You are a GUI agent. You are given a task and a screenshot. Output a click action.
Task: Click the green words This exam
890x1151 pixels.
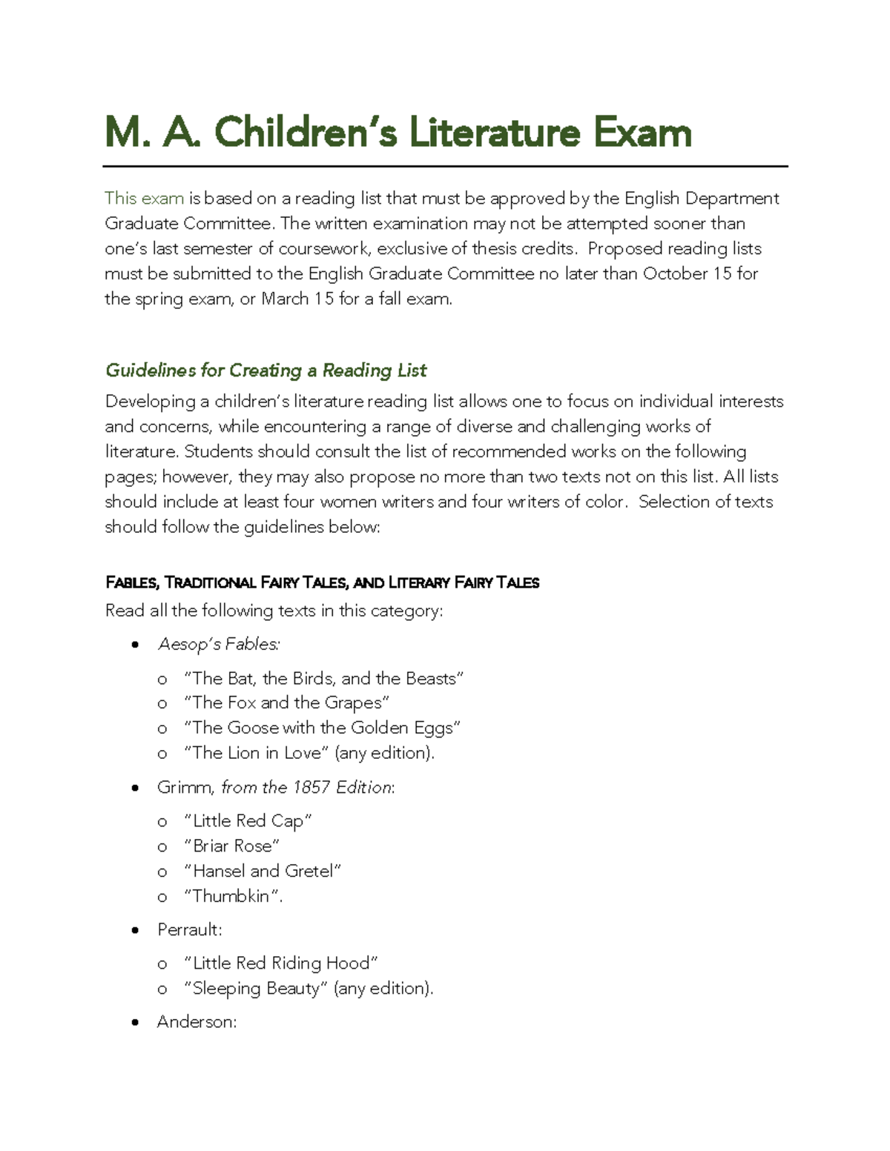[x=144, y=198]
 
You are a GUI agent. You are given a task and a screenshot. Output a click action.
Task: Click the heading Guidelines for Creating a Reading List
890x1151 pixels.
[x=266, y=370]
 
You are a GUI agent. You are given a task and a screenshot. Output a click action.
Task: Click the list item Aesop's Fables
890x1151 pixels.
[x=219, y=644]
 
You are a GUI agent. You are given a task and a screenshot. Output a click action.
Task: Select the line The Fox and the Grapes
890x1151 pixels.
[x=286, y=703]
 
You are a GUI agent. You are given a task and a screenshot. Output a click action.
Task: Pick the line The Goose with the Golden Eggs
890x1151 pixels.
[x=322, y=728]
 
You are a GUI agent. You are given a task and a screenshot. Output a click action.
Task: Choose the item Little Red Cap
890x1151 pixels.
[x=248, y=821]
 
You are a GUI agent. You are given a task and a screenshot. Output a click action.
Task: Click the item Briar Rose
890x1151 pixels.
[x=231, y=846]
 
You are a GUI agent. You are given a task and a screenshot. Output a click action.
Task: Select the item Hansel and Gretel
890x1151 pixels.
[x=263, y=871]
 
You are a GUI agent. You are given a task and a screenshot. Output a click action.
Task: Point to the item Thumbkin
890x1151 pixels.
[x=231, y=896]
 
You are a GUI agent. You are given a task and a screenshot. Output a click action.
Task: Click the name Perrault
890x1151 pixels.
[x=189, y=929]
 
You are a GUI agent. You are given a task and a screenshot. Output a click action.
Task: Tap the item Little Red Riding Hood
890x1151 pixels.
[x=281, y=963]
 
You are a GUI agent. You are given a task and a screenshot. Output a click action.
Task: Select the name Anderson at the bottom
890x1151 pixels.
[x=197, y=1022]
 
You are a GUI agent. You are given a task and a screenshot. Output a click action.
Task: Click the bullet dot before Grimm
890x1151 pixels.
[x=134, y=788]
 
